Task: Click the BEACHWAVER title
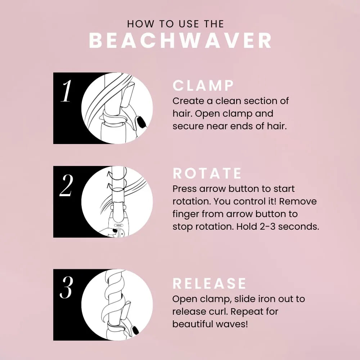[x=180, y=41]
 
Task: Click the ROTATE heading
[x=207, y=174]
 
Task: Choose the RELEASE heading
[x=209, y=284]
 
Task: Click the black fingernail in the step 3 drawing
[x=135, y=329]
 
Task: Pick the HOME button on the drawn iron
[x=118, y=225]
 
